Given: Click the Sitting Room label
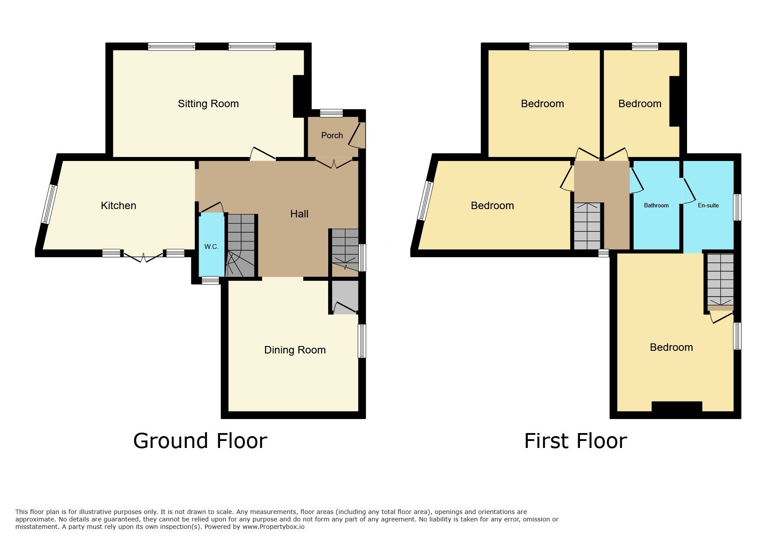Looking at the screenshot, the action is [x=208, y=104].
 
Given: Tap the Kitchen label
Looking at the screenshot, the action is [x=119, y=206].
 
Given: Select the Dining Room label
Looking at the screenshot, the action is [x=295, y=350].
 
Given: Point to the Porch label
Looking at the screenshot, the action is [x=332, y=136].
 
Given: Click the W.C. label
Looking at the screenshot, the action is [x=211, y=247].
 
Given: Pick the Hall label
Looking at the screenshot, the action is [x=299, y=214].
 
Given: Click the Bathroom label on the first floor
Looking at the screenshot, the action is [x=656, y=206].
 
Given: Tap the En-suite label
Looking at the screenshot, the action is [x=708, y=205].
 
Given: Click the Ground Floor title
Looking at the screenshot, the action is [x=200, y=441].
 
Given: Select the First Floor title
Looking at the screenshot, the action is [x=575, y=441].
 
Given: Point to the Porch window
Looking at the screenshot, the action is [x=331, y=113].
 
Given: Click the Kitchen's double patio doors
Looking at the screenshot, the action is [x=143, y=256].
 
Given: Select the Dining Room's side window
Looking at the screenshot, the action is [x=362, y=341].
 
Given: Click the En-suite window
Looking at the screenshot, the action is [x=737, y=207].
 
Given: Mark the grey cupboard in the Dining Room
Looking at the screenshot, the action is [x=345, y=297].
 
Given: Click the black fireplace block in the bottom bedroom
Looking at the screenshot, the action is [x=677, y=406].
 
